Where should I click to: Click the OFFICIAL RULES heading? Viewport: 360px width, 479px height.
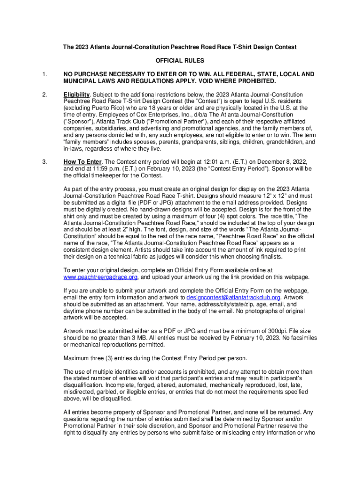click(180, 61)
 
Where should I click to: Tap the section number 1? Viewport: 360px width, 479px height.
click(44, 74)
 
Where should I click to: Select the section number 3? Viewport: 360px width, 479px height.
click(44, 162)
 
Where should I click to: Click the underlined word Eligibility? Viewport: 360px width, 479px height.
click(76, 94)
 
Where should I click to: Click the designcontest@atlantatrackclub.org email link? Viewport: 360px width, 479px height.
click(233, 297)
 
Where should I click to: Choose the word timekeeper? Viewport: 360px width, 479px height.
click(105, 175)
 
